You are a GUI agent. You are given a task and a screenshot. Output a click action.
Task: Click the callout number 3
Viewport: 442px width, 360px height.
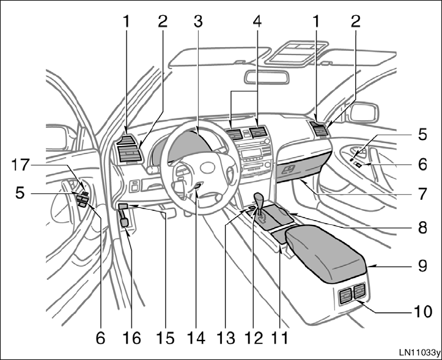pos(196,20)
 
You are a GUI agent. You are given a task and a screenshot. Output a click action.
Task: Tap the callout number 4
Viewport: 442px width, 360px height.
pos(256,20)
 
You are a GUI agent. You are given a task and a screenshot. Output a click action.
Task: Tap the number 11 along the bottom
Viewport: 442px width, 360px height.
pos(281,337)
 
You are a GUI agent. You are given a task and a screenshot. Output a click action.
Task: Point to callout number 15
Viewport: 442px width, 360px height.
pos(166,337)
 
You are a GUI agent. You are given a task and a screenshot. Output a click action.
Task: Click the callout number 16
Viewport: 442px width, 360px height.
pos(132,337)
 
